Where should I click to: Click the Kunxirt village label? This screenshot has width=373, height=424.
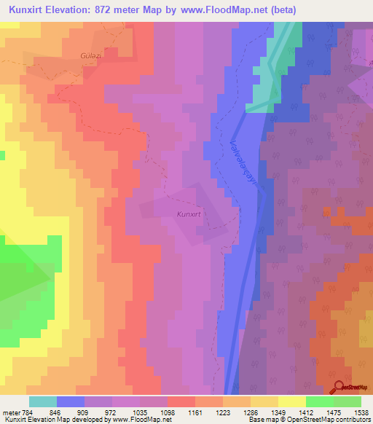pyautogui.click(x=188, y=214)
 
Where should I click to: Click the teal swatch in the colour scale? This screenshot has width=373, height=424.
pyautogui.click(x=43, y=401)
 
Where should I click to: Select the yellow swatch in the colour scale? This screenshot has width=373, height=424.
pyautogui.click(x=291, y=401)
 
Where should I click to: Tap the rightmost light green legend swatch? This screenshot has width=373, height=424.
pyautogui.click(x=347, y=401)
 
